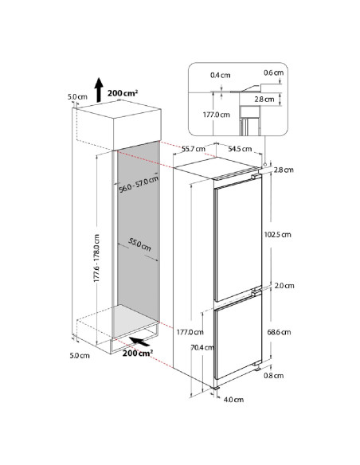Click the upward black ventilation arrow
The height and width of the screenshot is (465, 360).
99,90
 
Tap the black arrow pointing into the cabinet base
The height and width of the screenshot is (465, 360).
139,342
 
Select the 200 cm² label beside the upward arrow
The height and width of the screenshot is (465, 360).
123,93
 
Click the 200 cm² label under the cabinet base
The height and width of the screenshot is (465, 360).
138,353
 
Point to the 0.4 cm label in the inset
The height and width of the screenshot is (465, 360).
221,75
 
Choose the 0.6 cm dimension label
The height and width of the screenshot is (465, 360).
274,72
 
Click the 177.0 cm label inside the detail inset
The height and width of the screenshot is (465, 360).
216,115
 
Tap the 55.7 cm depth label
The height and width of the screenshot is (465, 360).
194,149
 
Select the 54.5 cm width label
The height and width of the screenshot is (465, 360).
240,149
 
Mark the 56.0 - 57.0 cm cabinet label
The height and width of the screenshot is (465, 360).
139,184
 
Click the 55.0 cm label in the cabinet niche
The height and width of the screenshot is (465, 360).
139,244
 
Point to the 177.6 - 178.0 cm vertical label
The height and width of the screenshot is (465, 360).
96,258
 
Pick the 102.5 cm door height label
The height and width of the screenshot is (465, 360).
277,235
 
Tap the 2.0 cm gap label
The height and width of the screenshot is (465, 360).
284,286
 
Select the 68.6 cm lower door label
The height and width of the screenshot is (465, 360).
279,332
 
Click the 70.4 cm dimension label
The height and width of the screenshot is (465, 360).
202,347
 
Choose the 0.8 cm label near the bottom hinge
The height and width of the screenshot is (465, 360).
274,376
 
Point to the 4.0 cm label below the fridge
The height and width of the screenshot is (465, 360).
233,400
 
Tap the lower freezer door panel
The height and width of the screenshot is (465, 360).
237,338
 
